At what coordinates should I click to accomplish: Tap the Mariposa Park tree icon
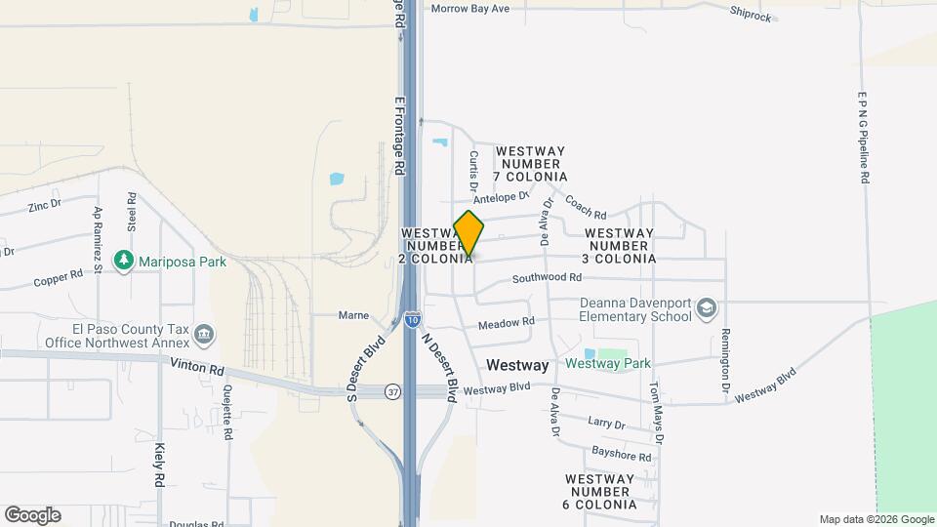pyautogui.click(x=123, y=261)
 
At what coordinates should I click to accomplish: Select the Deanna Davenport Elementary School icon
pyautogui.click(x=706, y=310)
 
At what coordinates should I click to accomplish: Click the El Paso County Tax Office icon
pyautogui.click(x=205, y=336)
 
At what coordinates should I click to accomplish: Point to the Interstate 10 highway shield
pyautogui.click(x=412, y=318)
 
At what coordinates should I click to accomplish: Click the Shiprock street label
pyautogui.click(x=751, y=15)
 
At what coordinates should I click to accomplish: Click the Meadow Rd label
pyautogui.click(x=507, y=322)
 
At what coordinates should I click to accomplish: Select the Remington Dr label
pyautogui.click(x=725, y=354)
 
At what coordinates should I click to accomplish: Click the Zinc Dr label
pyautogui.click(x=45, y=206)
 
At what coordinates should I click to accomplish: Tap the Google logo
pyautogui.click(x=32, y=515)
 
